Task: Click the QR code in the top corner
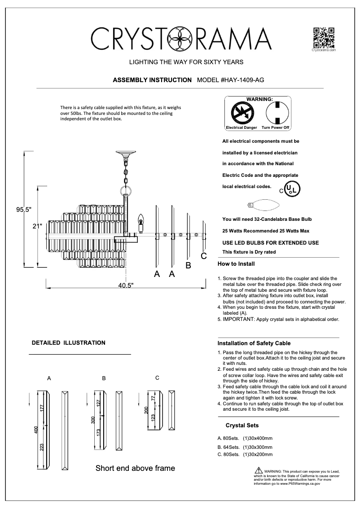click(x=324, y=38)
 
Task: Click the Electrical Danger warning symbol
click(x=241, y=113)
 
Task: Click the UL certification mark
click(x=292, y=189)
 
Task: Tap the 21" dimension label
click(x=37, y=226)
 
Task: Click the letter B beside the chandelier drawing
click(x=189, y=266)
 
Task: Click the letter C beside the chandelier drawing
click(x=203, y=256)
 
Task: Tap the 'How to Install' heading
click(x=236, y=264)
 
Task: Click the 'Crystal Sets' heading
click(x=242, y=425)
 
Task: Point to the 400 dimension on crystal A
click(x=36, y=430)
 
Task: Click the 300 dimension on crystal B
click(x=93, y=420)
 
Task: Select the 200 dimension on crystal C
click(x=145, y=411)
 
